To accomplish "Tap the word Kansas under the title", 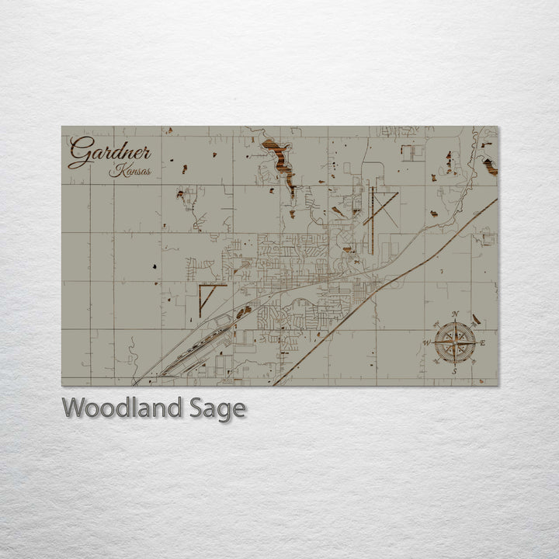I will (x=130, y=171).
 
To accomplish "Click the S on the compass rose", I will (x=455, y=371).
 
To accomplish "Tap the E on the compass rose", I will (x=483, y=342).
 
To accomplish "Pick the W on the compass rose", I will (x=426, y=342).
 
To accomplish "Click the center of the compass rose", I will (x=455, y=342).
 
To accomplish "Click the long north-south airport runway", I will (x=372, y=221).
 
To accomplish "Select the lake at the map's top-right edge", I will (x=490, y=165).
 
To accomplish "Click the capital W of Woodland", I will (x=76, y=408).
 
